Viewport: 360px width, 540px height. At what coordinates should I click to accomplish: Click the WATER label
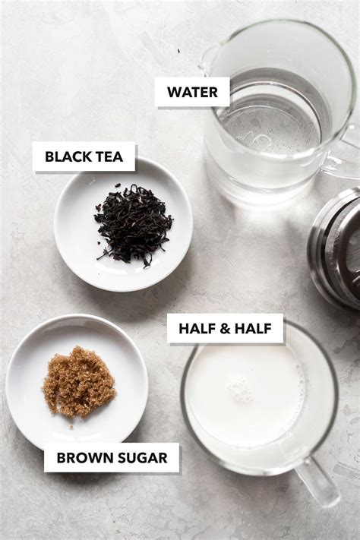(x=192, y=93)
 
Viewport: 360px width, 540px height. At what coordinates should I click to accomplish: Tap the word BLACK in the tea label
(x=64, y=157)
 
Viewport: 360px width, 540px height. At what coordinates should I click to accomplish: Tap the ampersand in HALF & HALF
(x=226, y=329)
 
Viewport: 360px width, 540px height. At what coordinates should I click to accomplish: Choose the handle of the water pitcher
(x=346, y=152)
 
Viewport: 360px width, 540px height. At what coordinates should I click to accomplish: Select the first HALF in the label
(x=195, y=329)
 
